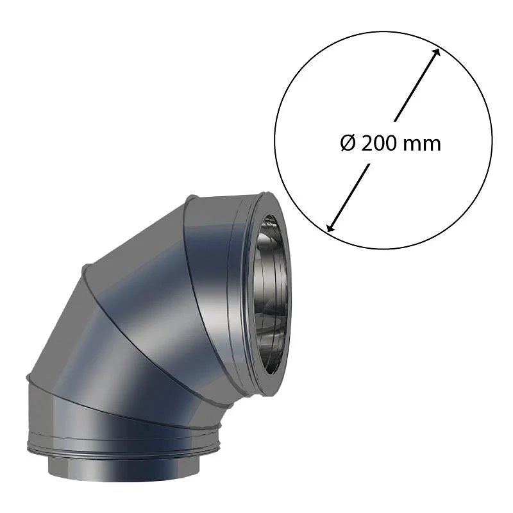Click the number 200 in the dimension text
(x=378, y=143)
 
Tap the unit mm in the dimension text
(x=421, y=146)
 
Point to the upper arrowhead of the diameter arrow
(x=436, y=53)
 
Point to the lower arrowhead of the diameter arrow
(x=331, y=227)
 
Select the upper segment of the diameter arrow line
(x=416, y=85)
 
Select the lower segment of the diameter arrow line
(x=348, y=198)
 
